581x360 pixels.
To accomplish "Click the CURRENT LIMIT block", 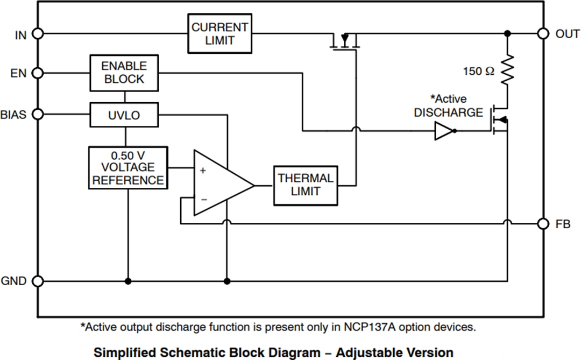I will tap(219, 33).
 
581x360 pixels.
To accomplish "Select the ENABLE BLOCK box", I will tap(124, 73).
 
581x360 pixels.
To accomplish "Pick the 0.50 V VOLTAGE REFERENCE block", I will tap(128, 167).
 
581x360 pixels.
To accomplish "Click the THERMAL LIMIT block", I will tap(306, 185).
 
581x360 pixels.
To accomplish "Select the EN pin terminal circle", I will tap(38, 73).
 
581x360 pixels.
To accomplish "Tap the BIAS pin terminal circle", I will tap(38, 114).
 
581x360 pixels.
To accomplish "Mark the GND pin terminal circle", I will tap(38, 281).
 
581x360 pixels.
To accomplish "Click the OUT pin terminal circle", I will tap(543, 33).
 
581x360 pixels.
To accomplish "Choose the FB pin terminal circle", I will tap(543, 223).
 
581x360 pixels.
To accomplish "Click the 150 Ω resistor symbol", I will tap(507, 69).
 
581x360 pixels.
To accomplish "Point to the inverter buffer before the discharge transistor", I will tap(444, 131).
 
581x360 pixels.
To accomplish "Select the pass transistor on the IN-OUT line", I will tap(344, 42).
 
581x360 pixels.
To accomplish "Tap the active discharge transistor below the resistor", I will tap(499, 119).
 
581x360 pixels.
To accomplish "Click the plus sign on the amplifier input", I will tap(203, 171).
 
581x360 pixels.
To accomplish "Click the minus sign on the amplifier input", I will tap(203, 199).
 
